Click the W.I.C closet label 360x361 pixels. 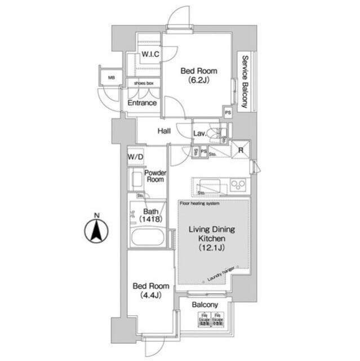(150, 55)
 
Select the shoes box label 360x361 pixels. (144, 83)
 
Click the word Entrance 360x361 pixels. (142, 103)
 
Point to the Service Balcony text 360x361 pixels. (245, 82)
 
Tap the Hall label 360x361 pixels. (164, 131)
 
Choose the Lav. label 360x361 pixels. (199, 134)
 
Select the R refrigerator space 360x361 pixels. (241, 150)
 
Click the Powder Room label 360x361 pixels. (154, 176)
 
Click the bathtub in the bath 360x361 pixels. (147, 237)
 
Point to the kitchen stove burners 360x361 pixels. (238, 185)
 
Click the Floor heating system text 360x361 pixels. (199, 203)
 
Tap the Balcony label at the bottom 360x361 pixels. (205, 305)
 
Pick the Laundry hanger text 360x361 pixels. (220, 274)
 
